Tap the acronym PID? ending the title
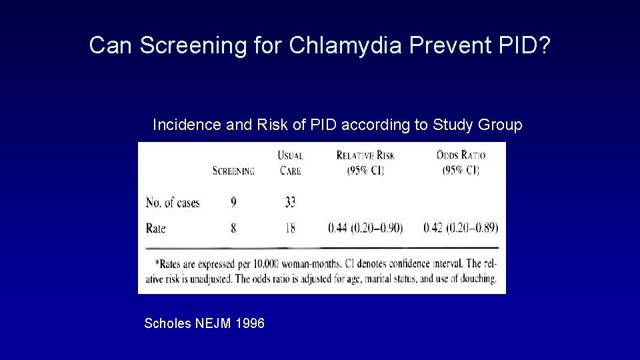tap(523, 45)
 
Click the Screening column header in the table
tap(233, 171)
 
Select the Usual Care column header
tap(290, 163)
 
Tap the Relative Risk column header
tap(365, 163)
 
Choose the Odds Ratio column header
tap(461, 163)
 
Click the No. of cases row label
tap(173, 203)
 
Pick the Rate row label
tap(155, 228)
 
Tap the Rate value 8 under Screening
tap(233, 228)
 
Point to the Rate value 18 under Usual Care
tap(290, 228)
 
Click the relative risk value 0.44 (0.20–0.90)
tap(365, 228)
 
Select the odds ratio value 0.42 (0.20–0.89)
tap(461, 228)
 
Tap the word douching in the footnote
tap(475, 279)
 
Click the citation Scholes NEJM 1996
tap(204, 324)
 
